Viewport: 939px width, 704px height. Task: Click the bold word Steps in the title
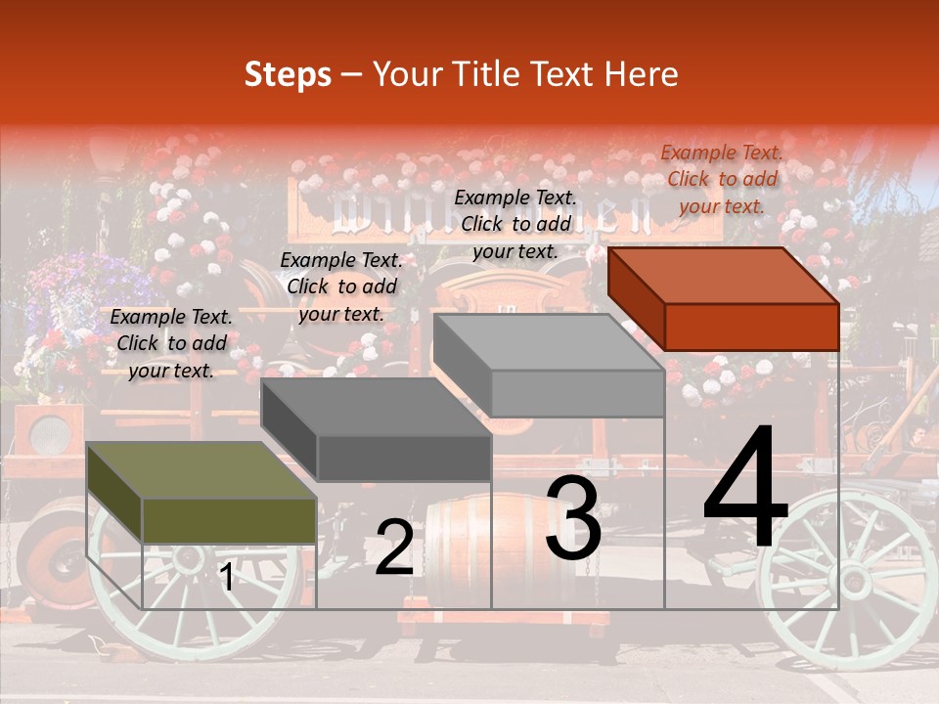288,74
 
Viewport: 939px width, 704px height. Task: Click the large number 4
745,489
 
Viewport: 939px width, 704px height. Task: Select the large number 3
573,518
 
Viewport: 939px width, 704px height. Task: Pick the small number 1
227,577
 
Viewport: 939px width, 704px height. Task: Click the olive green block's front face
229,520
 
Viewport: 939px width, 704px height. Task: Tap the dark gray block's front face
404,458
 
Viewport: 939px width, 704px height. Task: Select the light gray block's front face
577,393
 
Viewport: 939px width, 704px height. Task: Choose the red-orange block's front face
751,327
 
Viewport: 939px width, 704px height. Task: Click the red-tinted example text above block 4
722,179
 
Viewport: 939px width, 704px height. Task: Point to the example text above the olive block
171,343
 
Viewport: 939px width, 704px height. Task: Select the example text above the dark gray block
341,286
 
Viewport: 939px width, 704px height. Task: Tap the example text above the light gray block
515,224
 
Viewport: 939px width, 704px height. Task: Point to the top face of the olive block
201,469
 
